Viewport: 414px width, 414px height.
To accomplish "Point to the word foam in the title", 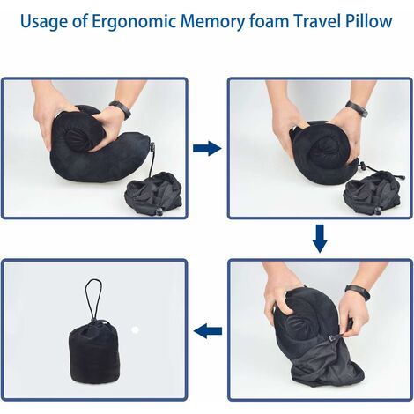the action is click(x=268, y=20).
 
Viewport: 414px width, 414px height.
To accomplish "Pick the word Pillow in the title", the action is click(x=369, y=20).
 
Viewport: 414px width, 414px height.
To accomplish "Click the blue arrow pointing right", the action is click(x=207, y=148).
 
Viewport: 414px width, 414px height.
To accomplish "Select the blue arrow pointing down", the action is click(x=320, y=239).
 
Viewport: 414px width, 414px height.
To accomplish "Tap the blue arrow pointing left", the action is click(x=208, y=331).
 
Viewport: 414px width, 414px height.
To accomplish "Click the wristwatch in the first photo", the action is click(x=121, y=109).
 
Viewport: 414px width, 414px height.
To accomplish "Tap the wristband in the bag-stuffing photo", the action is click(x=358, y=292).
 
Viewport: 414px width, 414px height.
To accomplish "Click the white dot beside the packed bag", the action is click(x=135, y=329).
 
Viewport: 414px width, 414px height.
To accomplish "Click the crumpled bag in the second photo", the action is click(x=373, y=192).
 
